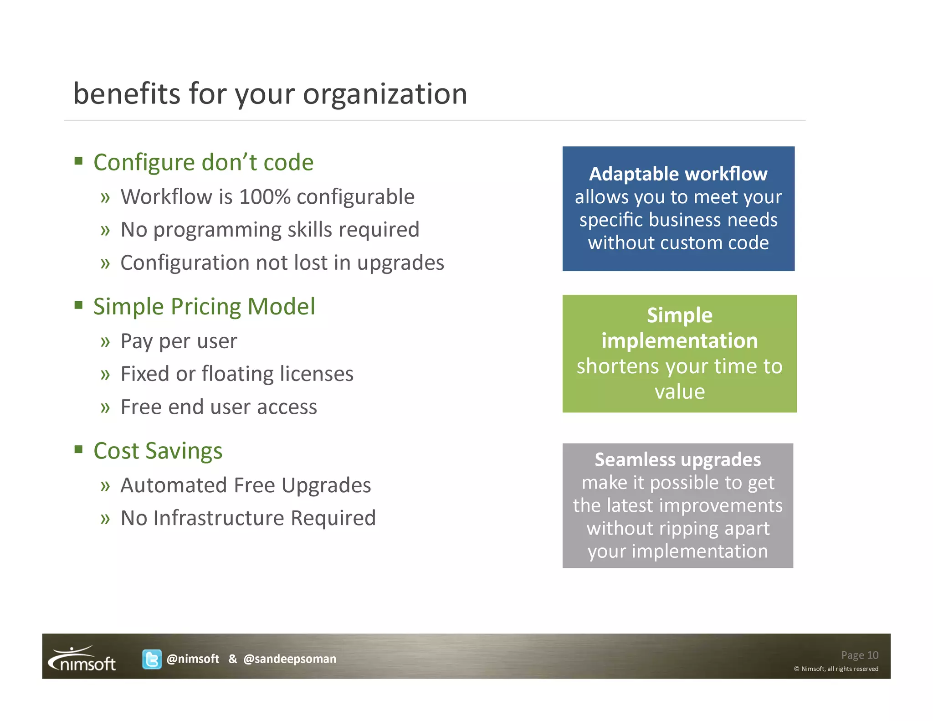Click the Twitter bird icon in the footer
click(152, 659)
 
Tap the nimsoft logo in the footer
click(82, 659)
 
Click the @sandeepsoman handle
click(290, 659)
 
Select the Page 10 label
click(859, 655)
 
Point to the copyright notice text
click(836, 669)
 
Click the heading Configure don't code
click(203, 163)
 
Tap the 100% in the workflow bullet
click(265, 197)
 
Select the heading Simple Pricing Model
click(204, 307)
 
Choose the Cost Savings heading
click(158, 451)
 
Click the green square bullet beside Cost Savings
click(79, 449)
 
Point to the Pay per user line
click(179, 341)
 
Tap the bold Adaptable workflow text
click(678, 174)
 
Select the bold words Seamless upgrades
click(677, 460)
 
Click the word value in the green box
click(679, 392)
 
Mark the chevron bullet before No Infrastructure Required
click(105, 519)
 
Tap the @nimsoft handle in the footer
click(193, 659)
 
